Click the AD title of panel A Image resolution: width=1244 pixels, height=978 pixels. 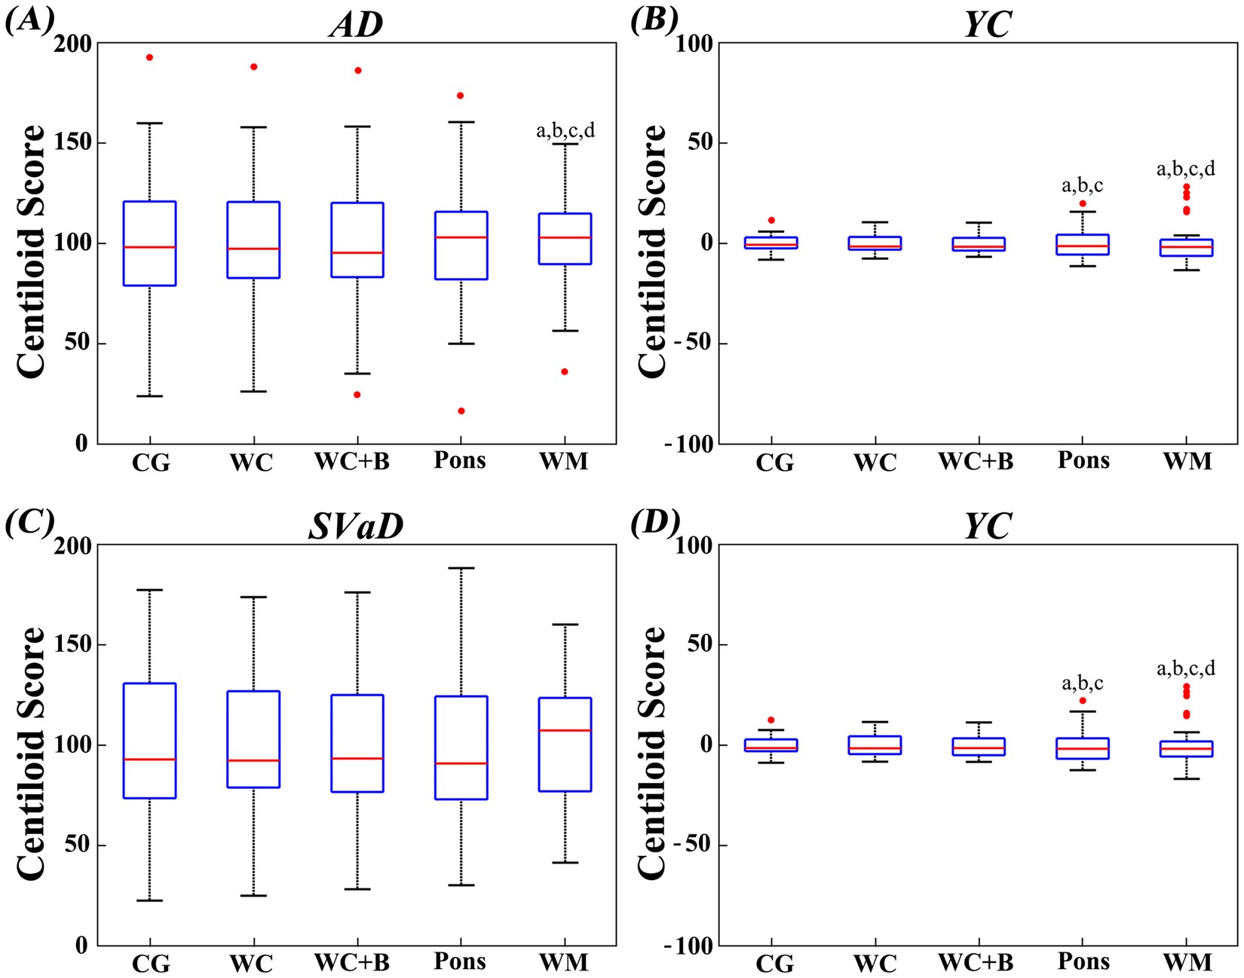pos(356,25)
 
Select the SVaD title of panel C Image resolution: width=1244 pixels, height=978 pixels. pos(356,527)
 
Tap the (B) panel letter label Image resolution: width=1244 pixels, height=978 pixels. pos(653,20)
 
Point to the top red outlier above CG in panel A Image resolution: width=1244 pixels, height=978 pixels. pos(149,57)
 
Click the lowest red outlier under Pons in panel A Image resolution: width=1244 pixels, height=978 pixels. pos(461,411)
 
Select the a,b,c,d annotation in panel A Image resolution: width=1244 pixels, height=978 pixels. pos(565,130)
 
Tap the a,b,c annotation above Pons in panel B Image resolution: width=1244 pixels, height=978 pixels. pos(1082,185)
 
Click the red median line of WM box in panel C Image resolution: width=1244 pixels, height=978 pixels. pos(565,730)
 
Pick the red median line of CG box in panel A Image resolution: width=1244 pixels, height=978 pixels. pos(149,247)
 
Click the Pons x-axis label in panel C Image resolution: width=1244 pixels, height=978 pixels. pos(460,961)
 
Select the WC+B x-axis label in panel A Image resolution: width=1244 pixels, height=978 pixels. pos(352,460)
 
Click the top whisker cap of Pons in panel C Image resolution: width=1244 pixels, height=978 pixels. pos(461,568)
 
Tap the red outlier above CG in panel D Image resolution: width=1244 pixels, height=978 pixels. pos(771,720)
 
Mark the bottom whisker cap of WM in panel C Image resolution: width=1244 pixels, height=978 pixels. pos(565,862)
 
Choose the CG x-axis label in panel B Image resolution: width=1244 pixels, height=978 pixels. pos(774,462)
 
